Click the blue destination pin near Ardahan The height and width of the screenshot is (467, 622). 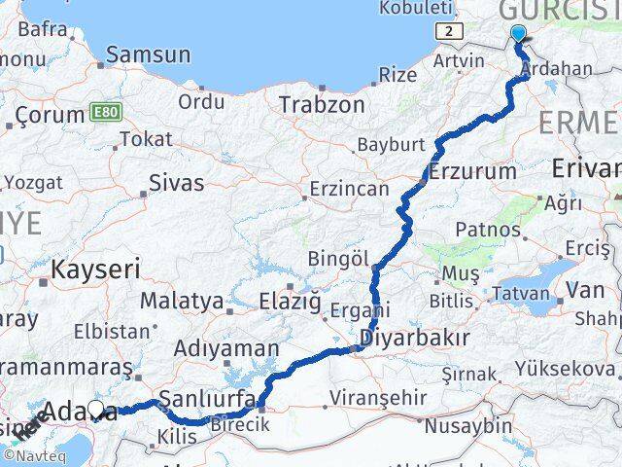click(517, 36)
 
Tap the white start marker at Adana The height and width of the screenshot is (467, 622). click(96, 411)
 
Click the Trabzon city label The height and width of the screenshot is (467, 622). click(322, 104)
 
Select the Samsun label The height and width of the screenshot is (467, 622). click(148, 55)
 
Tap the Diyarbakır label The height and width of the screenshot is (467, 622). click(414, 338)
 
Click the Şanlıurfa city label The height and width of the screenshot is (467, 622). click(208, 398)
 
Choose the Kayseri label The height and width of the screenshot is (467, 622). click(96, 268)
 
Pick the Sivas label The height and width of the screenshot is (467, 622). click(177, 182)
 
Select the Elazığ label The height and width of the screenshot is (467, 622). click(290, 302)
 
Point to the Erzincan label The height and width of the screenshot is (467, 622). click(349, 189)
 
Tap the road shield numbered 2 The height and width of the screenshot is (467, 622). click(447, 32)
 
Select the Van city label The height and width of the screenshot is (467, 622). click(585, 289)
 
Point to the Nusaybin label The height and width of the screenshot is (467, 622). click(475, 425)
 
